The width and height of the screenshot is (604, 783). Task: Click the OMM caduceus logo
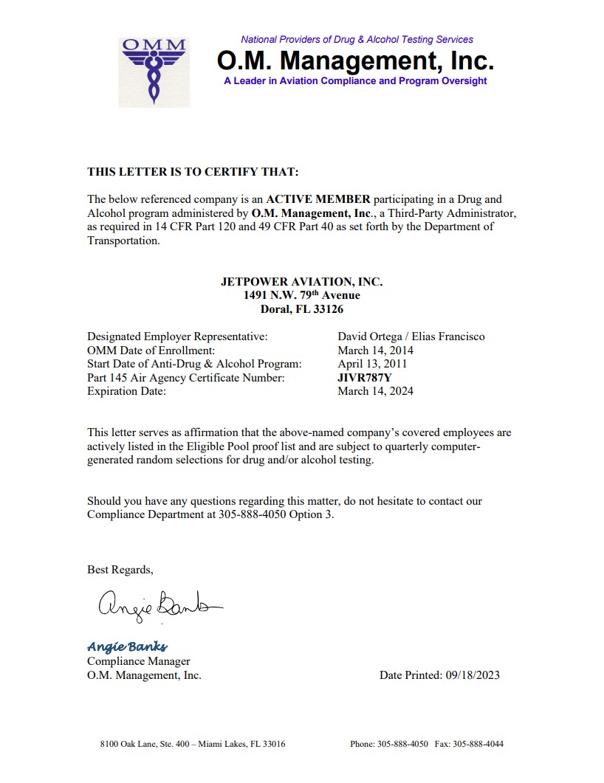click(x=154, y=72)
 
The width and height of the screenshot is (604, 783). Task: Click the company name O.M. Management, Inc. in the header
click(x=355, y=59)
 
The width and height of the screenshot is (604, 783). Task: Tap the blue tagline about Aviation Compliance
click(x=355, y=81)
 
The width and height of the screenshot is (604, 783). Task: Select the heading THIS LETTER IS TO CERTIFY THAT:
click(x=193, y=172)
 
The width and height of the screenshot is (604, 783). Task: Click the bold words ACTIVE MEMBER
click(x=318, y=199)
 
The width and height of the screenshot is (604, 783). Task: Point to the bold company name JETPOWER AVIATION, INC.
click(x=301, y=282)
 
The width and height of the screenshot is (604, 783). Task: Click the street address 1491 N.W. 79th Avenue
click(x=301, y=295)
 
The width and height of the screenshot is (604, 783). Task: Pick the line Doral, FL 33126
click(x=301, y=309)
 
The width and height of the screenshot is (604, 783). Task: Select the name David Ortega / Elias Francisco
click(x=411, y=337)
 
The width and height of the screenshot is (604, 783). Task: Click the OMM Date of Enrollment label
click(x=151, y=351)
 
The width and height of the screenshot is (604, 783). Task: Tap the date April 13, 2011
click(x=372, y=364)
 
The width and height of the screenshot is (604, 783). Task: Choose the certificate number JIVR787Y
click(x=365, y=378)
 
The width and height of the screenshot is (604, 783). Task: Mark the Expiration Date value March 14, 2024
click(x=375, y=391)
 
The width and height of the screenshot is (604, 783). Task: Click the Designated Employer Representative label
click(x=177, y=337)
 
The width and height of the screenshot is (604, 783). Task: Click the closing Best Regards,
click(x=120, y=570)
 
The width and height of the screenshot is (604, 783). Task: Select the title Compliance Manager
click(x=139, y=661)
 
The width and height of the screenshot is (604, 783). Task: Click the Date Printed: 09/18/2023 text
click(x=439, y=675)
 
